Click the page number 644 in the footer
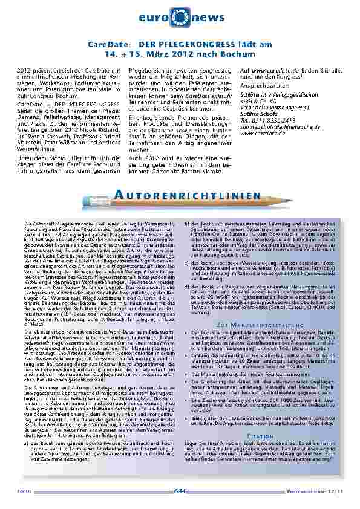pos(180,490)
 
